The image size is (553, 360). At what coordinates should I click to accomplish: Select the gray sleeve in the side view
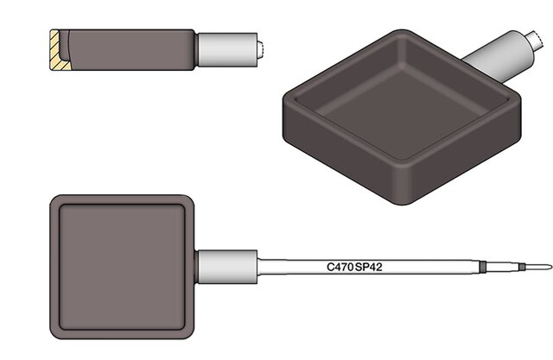tap(227, 50)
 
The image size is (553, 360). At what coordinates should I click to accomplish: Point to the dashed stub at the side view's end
tap(260, 50)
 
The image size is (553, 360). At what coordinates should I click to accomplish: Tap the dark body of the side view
tap(130, 50)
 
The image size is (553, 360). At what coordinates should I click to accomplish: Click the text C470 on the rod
tap(340, 267)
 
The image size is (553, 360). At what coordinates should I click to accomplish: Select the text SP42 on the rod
tap(369, 267)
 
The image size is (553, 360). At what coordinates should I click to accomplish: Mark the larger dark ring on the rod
tap(483, 267)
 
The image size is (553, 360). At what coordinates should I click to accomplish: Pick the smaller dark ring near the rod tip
tap(522, 267)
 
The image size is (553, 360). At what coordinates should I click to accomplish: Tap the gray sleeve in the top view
tap(227, 267)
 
